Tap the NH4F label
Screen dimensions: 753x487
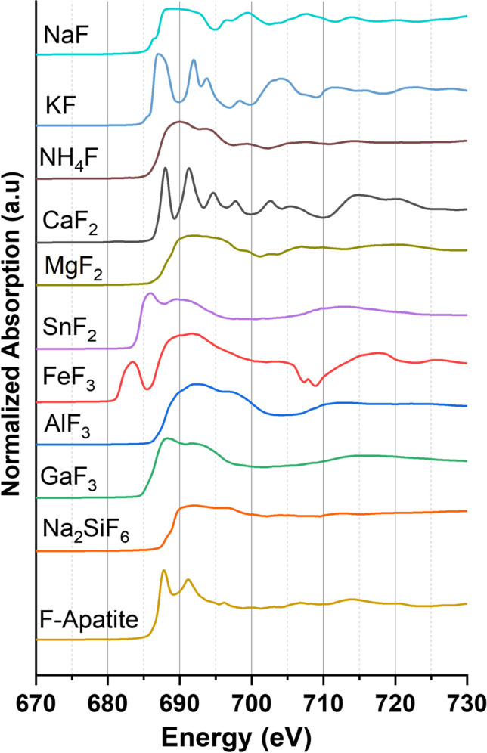click(66, 159)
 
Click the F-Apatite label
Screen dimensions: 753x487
click(87, 623)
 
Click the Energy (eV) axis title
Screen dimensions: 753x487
click(251, 732)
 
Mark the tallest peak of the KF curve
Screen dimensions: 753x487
click(157, 55)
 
